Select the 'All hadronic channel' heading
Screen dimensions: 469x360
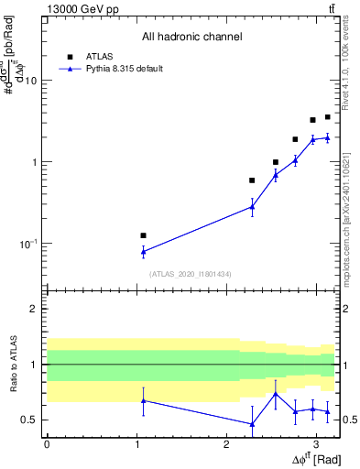click(x=191, y=38)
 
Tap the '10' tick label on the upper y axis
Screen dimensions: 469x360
click(x=29, y=81)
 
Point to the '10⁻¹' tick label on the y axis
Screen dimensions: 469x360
click(x=27, y=244)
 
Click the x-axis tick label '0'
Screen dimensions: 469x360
click(x=47, y=444)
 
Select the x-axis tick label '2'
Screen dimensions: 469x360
click(x=226, y=444)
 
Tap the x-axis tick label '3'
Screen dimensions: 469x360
click(x=316, y=444)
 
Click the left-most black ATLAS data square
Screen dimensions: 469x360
click(x=143, y=235)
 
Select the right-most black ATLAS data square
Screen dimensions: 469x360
click(x=327, y=117)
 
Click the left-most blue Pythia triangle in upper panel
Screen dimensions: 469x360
click(x=143, y=251)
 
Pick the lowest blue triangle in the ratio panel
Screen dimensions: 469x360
click(x=252, y=423)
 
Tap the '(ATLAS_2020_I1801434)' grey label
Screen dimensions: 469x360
click(x=191, y=274)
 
